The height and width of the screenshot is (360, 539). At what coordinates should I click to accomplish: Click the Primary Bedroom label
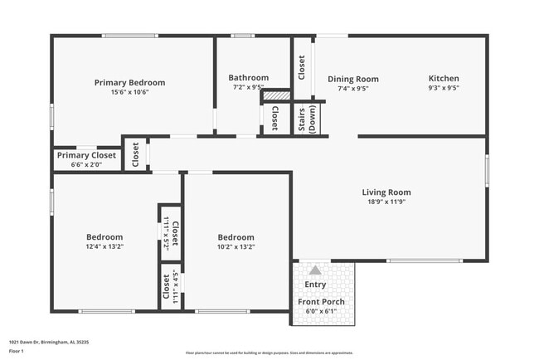129,82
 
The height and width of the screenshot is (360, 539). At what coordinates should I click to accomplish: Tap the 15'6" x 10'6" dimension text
129,92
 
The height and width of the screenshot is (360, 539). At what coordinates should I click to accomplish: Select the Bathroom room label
249,77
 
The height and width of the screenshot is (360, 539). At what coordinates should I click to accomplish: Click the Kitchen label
444,78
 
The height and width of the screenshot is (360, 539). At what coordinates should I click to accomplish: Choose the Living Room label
386,192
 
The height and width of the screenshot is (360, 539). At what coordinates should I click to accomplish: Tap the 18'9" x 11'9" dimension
386,202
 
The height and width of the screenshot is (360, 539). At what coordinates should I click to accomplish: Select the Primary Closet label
86,155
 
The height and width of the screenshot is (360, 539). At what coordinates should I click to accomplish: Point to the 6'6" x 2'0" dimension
86,164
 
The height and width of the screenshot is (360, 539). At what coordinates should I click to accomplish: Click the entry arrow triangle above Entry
315,270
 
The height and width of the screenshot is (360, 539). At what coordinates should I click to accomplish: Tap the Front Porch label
322,301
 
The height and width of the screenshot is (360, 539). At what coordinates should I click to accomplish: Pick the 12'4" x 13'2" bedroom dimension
104,246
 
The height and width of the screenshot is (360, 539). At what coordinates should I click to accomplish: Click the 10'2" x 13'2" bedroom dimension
236,246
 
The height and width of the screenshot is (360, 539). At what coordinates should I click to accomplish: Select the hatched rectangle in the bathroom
274,95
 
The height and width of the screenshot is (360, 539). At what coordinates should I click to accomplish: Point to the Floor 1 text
17,351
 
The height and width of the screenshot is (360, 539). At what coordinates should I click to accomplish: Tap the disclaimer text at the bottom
269,352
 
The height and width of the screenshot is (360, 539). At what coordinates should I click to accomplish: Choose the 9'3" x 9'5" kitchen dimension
444,88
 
